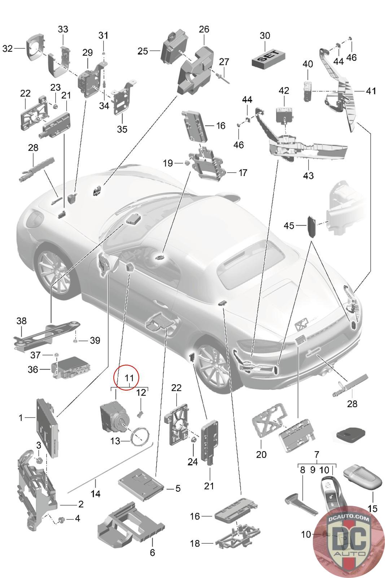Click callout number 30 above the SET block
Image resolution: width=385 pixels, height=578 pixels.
(x=264, y=35)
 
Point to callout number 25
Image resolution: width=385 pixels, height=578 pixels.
(x=143, y=51)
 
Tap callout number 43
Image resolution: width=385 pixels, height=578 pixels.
(x=308, y=176)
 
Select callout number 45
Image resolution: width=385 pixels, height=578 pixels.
(x=289, y=225)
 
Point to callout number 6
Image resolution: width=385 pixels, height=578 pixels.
(x=152, y=552)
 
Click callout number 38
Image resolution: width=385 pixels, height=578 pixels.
(x=21, y=321)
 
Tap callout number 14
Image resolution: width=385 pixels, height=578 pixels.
(x=95, y=493)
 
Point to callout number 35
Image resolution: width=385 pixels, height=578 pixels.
(x=122, y=129)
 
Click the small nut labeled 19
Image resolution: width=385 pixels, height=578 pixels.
(x=188, y=163)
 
